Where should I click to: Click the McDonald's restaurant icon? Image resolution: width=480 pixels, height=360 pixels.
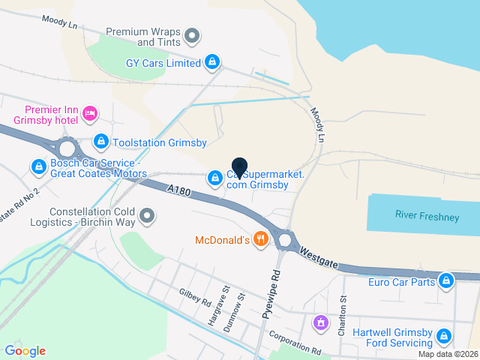pos(261,240)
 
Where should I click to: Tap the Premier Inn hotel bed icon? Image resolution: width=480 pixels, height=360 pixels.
pos(90,113)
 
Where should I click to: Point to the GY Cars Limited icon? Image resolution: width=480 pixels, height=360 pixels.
pos(212,62)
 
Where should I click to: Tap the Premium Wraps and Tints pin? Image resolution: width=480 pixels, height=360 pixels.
pos(193,34)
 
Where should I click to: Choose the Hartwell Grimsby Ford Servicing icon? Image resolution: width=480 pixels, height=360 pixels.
pos(444,335)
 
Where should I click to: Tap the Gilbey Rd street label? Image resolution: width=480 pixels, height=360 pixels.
pos(194,298)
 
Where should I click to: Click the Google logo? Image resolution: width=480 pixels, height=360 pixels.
pos(25,350)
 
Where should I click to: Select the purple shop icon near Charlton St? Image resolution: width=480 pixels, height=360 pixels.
pos(320,322)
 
